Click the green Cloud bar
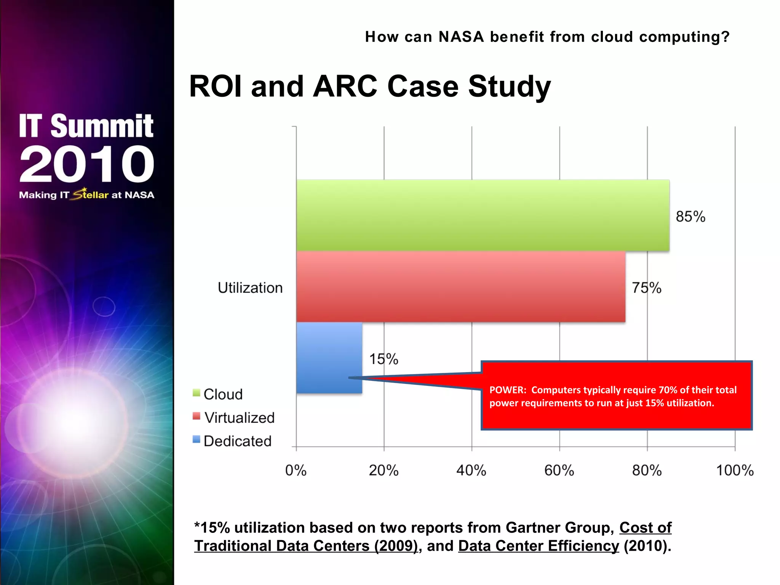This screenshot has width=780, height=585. [483, 215]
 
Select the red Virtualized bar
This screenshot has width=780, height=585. [460, 286]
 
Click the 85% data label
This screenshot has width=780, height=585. [690, 217]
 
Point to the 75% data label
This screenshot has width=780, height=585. [646, 288]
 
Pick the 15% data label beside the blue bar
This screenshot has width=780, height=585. [383, 359]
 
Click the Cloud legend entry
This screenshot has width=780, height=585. [223, 394]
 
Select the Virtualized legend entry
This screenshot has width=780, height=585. [239, 418]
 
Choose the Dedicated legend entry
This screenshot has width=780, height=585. [237, 441]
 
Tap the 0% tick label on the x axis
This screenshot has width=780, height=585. [296, 471]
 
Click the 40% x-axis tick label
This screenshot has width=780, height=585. [471, 471]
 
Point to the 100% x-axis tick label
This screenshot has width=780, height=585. [735, 471]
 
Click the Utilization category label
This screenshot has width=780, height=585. [250, 288]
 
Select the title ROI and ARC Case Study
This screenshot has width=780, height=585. [369, 86]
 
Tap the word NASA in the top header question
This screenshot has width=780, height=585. [461, 37]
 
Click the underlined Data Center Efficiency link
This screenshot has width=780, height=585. [539, 546]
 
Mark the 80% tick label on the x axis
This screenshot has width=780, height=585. [647, 471]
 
